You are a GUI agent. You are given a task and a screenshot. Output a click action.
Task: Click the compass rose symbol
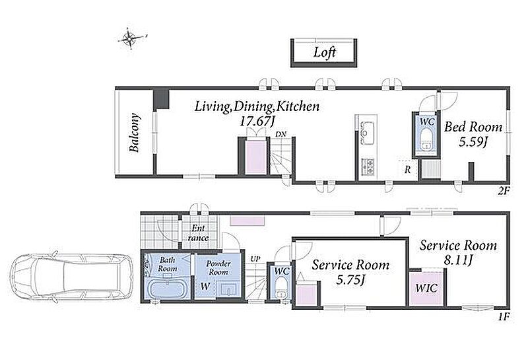click(130, 39)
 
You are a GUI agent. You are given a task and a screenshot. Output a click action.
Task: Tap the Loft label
click(325, 52)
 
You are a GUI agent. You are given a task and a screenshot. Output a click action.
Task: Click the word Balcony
click(135, 133)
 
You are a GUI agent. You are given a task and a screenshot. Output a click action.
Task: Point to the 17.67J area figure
click(256, 121)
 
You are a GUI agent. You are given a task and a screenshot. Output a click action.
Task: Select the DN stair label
click(280, 134)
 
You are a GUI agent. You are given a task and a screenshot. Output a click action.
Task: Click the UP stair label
click(255, 259)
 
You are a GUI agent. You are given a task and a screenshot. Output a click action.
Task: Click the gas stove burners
click(368, 166)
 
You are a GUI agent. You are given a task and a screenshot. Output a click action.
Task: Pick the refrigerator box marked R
click(408, 169)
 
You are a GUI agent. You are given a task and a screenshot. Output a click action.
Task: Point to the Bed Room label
click(473, 127)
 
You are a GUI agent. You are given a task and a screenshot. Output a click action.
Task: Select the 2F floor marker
click(504, 191)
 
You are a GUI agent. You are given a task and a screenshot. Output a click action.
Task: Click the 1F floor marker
click(504, 317)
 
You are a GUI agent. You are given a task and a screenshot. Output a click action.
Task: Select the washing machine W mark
click(205, 287)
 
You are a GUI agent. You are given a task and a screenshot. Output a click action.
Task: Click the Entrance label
click(198, 233)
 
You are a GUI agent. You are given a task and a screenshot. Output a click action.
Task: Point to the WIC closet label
click(426, 288)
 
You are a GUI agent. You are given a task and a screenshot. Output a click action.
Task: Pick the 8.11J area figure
click(457, 260)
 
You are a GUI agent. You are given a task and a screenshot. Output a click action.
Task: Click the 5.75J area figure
click(350, 279)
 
